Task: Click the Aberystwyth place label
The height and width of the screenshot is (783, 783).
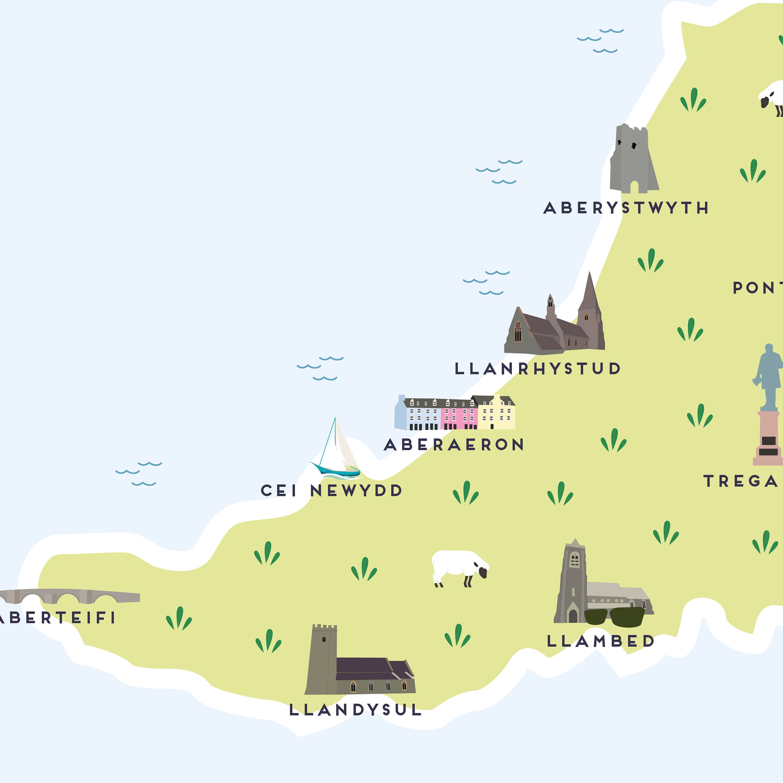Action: pyautogui.click(x=626, y=208)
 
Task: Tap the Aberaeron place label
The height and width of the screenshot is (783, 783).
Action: pyautogui.click(x=454, y=444)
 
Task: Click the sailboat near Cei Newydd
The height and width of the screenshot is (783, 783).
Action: pyautogui.click(x=336, y=450)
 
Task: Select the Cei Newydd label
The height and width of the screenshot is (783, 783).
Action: pyautogui.click(x=331, y=490)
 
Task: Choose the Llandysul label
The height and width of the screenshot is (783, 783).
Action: pyautogui.click(x=355, y=710)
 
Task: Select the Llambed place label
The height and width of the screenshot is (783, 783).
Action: pyautogui.click(x=601, y=641)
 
